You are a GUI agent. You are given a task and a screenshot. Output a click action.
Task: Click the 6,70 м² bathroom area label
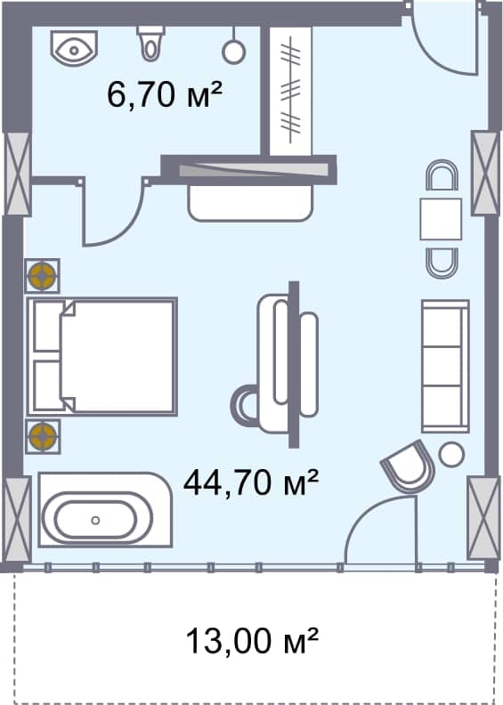164,93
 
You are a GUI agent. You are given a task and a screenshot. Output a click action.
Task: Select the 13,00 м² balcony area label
252,639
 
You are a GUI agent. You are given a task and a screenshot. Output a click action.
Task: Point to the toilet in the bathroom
151,39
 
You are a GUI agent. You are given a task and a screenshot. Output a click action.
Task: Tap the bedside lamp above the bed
42,276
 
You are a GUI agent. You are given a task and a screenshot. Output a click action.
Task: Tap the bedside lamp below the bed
42,436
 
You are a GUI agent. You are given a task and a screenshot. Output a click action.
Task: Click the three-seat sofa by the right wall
444,366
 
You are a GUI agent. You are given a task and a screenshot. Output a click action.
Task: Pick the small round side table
452,454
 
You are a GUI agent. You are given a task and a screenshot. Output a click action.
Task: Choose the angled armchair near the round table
409,467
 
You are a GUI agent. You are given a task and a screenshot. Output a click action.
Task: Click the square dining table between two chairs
441,219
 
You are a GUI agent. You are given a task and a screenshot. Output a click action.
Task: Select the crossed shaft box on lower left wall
17,518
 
